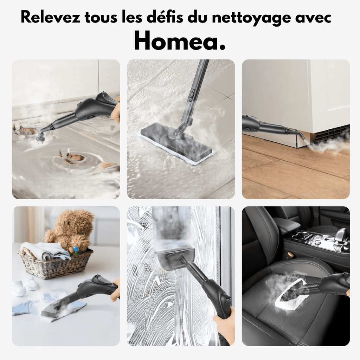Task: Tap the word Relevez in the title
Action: pos(50,18)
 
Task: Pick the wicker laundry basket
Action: pos(56,264)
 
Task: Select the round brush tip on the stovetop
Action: pos(40,137)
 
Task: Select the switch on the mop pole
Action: pos(192,95)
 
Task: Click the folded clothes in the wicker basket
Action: pos(44,250)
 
